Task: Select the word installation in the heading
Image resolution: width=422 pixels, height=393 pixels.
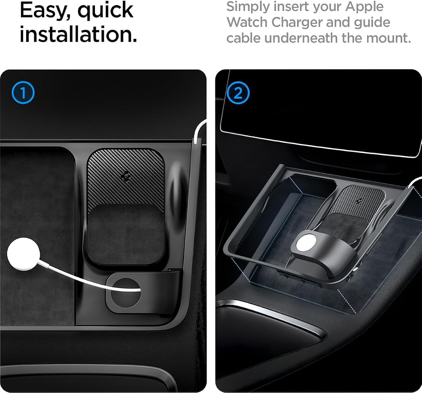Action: [x=78, y=34]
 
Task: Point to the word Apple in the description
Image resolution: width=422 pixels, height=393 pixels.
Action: [x=365, y=7]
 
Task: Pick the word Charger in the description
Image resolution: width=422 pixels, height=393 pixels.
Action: [x=297, y=23]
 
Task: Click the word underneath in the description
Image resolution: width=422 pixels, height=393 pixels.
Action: [x=301, y=38]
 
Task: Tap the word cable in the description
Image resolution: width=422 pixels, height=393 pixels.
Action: [x=243, y=38]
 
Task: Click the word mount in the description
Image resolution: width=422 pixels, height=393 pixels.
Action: [x=389, y=38]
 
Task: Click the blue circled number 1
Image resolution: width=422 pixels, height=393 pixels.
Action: [x=23, y=92]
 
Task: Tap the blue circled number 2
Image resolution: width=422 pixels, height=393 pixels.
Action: [x=238, y=93]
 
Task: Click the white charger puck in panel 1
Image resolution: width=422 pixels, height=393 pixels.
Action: [x=24, y=254]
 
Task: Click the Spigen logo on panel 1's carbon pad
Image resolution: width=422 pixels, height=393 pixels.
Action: [x=126, y=176]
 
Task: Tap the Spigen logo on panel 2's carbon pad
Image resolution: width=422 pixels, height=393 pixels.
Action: [x=358, y=201]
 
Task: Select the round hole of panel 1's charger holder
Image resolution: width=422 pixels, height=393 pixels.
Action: [x=126, y=293]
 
